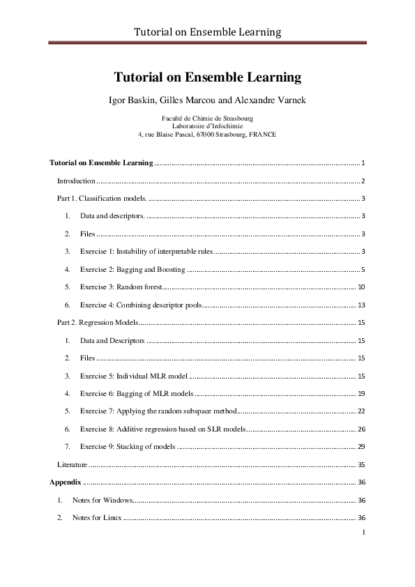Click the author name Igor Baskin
click(x=134, y=100)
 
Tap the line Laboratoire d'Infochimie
click(x=207, y=125)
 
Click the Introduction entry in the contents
click(x=75, y=181)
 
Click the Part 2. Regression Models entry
click(x=98, y=323)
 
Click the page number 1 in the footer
click(x=364, y=533)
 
